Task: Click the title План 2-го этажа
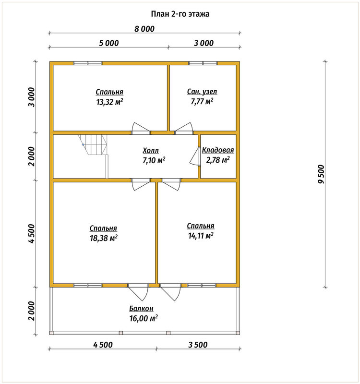pyautogui.click(x=180, y=14)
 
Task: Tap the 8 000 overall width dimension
pyautogui.click(x=144, y=29)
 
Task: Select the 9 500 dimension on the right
pyautogui.click(x=321, y=174)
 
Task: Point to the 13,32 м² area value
pyautogui.click(x=109, y=102)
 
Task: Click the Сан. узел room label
pyautogui.click(x=202, y=92)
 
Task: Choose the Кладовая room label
pyautogui.click(x=218, y=150)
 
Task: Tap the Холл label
pyautogui.click(x=151, y=150)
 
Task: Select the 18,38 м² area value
pyautogui.click(x=104, y=238)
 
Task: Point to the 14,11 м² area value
pyautogui.click(x=201, y=236)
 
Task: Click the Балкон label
pyautogui.click(x=141, y=309)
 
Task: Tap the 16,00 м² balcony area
pyautogui.click(x=144, y=318)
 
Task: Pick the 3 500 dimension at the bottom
pyautogui.click(x=198, y=345)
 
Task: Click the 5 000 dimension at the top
pyautogui.click(x=109, y=43)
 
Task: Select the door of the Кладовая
pyautogui.click(x=195, y=156)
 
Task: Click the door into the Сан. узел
pyautogui.click(x=184, y=128)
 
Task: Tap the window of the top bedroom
pyautogui.click(x=88, y=63)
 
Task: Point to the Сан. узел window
pyautogui.click(x=203, y=63)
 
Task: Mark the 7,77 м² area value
pyautogui.click(x=202, y=101)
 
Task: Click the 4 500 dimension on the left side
pyautogui.click(x=32, y=234)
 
